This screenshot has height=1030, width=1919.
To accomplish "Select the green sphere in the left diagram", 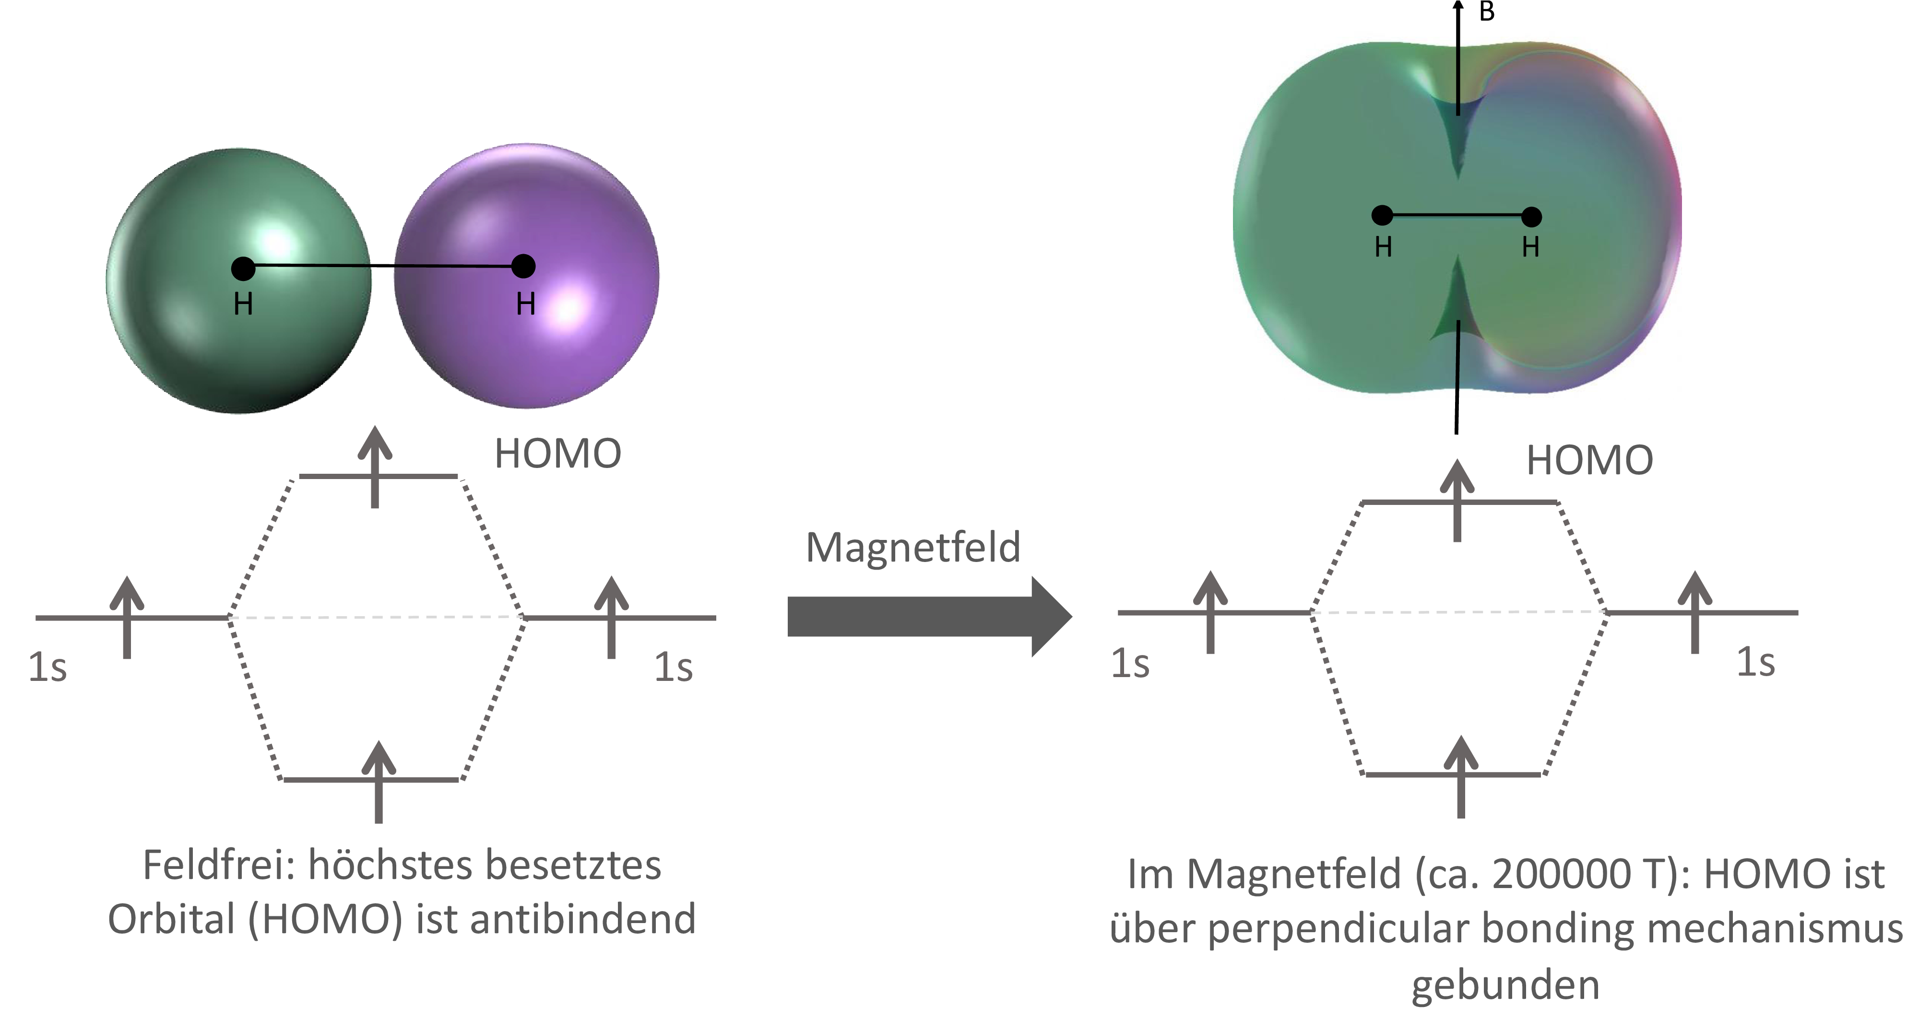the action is (x=238, y=281).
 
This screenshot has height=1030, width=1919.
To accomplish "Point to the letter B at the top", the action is (x=1486, y=12).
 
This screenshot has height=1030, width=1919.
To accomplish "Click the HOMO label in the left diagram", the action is (x=558, y=454).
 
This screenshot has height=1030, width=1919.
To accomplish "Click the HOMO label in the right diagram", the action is (x=1590, y=460).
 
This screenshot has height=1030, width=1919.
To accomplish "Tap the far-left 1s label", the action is (x=47, y=667).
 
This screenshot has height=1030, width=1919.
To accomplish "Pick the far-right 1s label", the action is (x=1756, y=662).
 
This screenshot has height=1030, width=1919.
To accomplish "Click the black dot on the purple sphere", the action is (x=524, y=266).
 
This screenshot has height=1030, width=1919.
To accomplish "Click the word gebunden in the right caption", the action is (x=1505, y=986).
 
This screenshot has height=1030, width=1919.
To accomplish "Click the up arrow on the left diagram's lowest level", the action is (x=379, y=782).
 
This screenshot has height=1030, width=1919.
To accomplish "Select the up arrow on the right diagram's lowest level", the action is (x=1461, y=777).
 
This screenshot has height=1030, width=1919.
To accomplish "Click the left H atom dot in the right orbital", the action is (x=1382, y=215).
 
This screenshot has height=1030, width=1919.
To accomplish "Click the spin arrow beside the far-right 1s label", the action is (x=1695, y=612).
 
